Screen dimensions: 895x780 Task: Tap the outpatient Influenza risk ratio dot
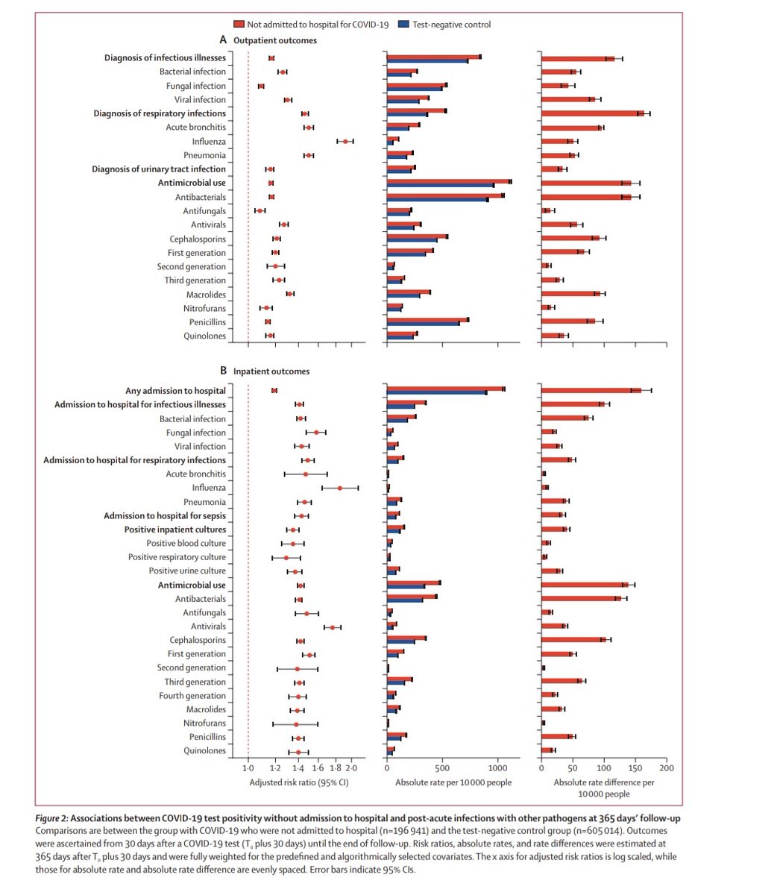345,141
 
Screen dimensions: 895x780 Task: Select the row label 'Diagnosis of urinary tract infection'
159,169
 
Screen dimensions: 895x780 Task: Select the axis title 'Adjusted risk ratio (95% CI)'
299,782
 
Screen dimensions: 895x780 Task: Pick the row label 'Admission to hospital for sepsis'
165,515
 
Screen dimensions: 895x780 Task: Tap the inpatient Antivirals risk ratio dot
333,627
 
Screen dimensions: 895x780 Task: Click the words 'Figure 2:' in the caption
55,819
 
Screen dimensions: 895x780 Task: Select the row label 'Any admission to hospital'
175,391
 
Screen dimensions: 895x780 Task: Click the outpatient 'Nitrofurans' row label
204,308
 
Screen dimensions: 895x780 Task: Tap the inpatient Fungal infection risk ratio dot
316,433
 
